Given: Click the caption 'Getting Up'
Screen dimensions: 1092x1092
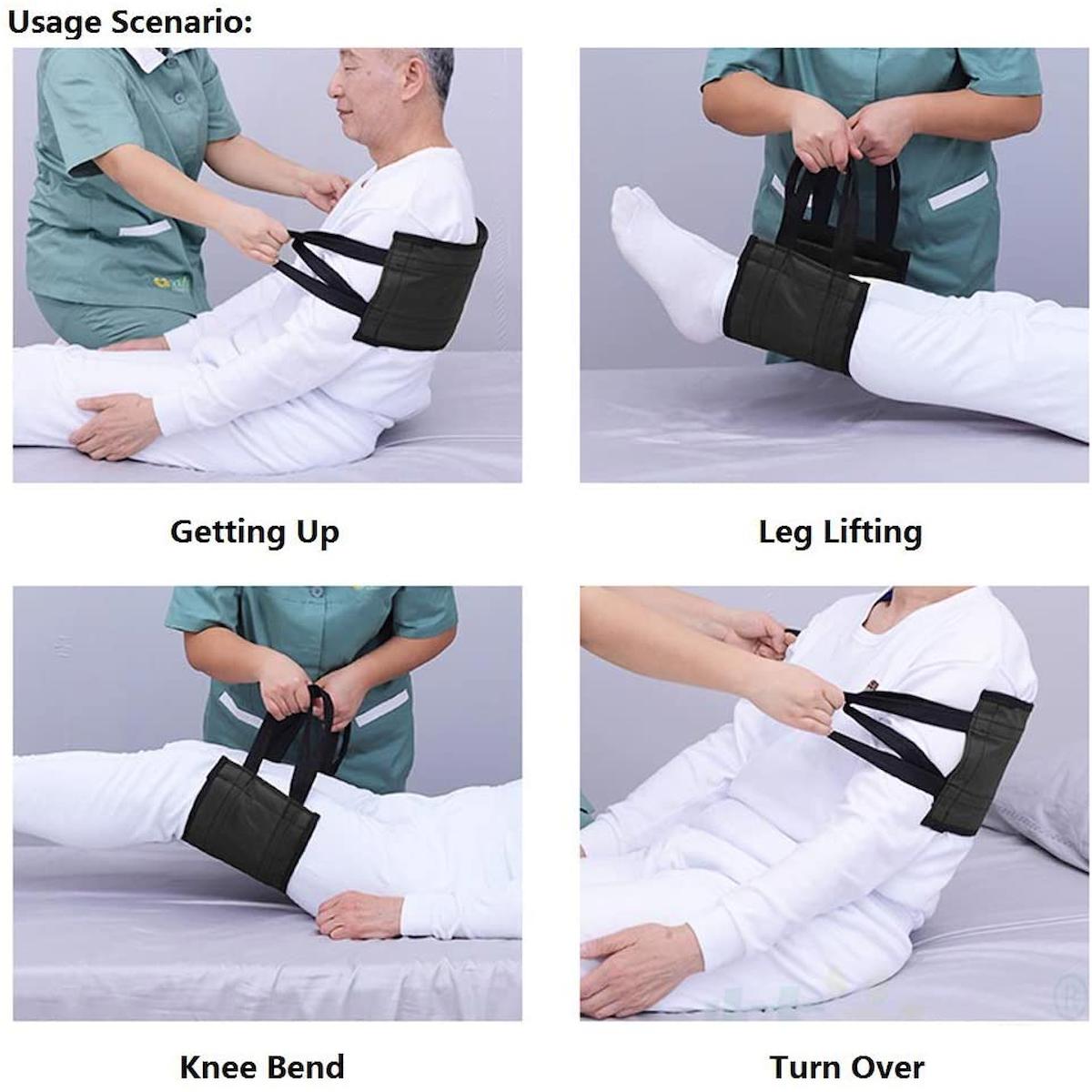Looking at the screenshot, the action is coord(255,532).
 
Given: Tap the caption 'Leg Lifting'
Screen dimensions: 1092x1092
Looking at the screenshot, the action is coord(841,532).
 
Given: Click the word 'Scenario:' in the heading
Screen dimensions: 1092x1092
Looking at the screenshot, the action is coord(182,23).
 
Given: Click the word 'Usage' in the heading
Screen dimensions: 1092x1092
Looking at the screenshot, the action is coord(55,23).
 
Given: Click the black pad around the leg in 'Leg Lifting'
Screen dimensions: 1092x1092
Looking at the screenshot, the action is coord(796,304).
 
